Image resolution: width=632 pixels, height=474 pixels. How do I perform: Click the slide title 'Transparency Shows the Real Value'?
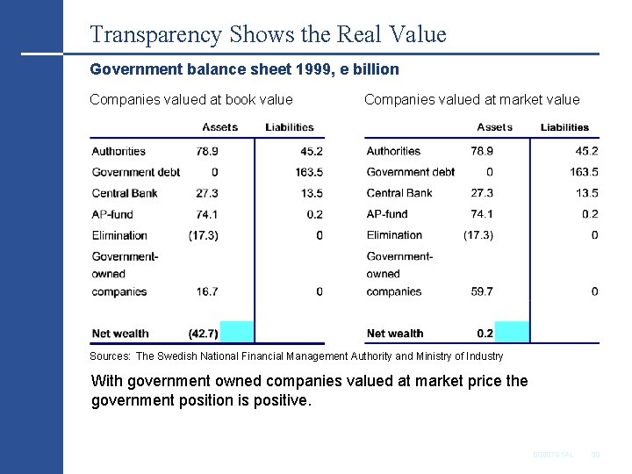click(x=268, y=34)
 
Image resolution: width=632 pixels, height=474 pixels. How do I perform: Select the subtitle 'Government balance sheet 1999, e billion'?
click(x=245, y=68)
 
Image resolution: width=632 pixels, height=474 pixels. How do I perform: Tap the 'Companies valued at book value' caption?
click(x=191, y=99)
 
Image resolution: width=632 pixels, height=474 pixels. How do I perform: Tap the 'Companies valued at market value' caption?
click(x=471, y=99)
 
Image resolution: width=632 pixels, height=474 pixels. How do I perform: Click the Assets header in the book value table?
click(x=219, y=127)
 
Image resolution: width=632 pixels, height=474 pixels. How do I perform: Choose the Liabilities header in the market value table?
click(x=564, y=127)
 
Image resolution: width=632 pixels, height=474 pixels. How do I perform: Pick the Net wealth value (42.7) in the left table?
click(x=204, y=334)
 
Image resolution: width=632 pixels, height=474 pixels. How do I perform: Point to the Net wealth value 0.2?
click(x=485, y=334)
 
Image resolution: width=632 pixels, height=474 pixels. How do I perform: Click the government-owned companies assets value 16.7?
click(x=207, y=291)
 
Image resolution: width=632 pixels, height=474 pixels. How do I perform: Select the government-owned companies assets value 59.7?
click(x=482, y=291)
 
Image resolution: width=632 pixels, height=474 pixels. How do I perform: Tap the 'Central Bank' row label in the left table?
click(x=125, y=193)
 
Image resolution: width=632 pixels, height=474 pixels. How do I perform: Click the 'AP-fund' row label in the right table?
click(x=387, y=214)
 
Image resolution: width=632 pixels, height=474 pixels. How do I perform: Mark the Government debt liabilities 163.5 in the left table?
click(x=308, y=172)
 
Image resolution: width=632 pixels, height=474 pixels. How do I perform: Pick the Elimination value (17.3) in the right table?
click(x=478, y=235)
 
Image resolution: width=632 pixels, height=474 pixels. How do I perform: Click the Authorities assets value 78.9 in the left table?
click(x=207, y=151)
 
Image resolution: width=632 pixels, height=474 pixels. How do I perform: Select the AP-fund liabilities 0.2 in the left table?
click(x=313, y=214)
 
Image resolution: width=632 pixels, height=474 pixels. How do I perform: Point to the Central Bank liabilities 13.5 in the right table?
click(x=585, y=193)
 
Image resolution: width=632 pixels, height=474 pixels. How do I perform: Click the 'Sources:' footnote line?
click(x=297, y=356)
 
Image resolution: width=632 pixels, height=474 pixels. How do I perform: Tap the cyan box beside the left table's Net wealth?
click(x=236, y=333)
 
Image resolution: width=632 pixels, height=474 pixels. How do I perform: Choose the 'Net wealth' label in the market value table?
click(x=395, y=334)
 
